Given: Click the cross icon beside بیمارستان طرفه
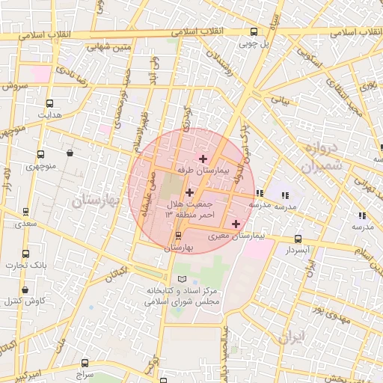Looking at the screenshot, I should pos(203,159).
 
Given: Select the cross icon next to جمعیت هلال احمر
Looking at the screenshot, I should pos(189,193).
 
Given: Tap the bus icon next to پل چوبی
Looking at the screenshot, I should pos(254,32).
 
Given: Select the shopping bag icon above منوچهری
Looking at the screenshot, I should pos(70,153).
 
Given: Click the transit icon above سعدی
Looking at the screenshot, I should pos(27,213).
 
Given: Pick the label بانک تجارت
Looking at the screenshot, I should pos(27,265).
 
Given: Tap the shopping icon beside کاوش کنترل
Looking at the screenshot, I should pos(25,289).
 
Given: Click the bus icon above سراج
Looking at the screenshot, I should pos(84,364).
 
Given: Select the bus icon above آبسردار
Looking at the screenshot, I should pos(299,238).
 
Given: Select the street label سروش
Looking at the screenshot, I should pos(15,86).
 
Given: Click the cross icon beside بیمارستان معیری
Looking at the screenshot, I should pos(236,224).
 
